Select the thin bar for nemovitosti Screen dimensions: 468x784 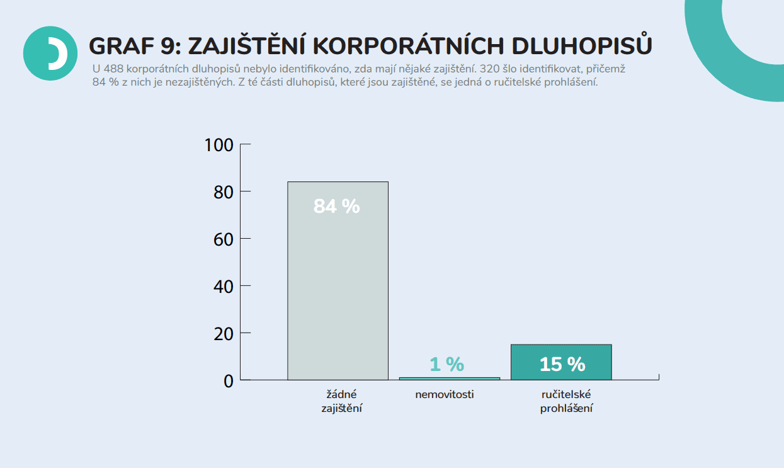coord(449,379)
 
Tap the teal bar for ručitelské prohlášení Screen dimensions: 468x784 coord(561,362)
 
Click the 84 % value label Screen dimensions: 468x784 coord(336,206)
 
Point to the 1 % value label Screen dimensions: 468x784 coord(446,364)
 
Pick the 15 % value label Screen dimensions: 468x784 coord(562,364)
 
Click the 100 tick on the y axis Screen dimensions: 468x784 coord(219,145)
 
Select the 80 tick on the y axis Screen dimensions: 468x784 coord(223,191)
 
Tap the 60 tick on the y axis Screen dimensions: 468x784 coord(223,239)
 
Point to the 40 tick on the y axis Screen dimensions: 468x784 coord(223,286)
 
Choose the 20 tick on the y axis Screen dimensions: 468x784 coord(223,333)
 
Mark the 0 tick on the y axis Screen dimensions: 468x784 coord(228,380)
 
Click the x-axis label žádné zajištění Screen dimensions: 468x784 coord(341,401)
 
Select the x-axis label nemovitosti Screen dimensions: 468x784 coord(444,395)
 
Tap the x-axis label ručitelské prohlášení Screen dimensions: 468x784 coord(566,401)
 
